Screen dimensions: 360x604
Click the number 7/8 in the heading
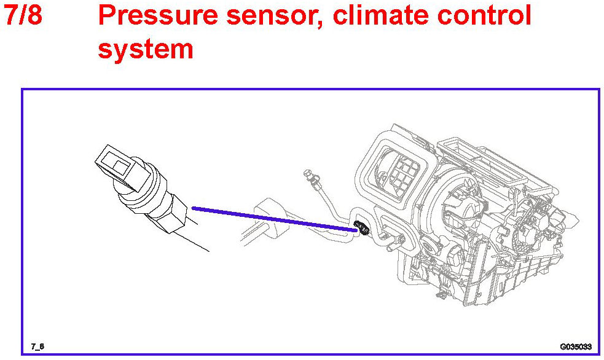23,17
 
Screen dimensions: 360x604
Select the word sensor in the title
277,17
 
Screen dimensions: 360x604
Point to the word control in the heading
485,17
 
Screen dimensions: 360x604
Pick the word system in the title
145,48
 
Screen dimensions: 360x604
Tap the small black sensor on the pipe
363,230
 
